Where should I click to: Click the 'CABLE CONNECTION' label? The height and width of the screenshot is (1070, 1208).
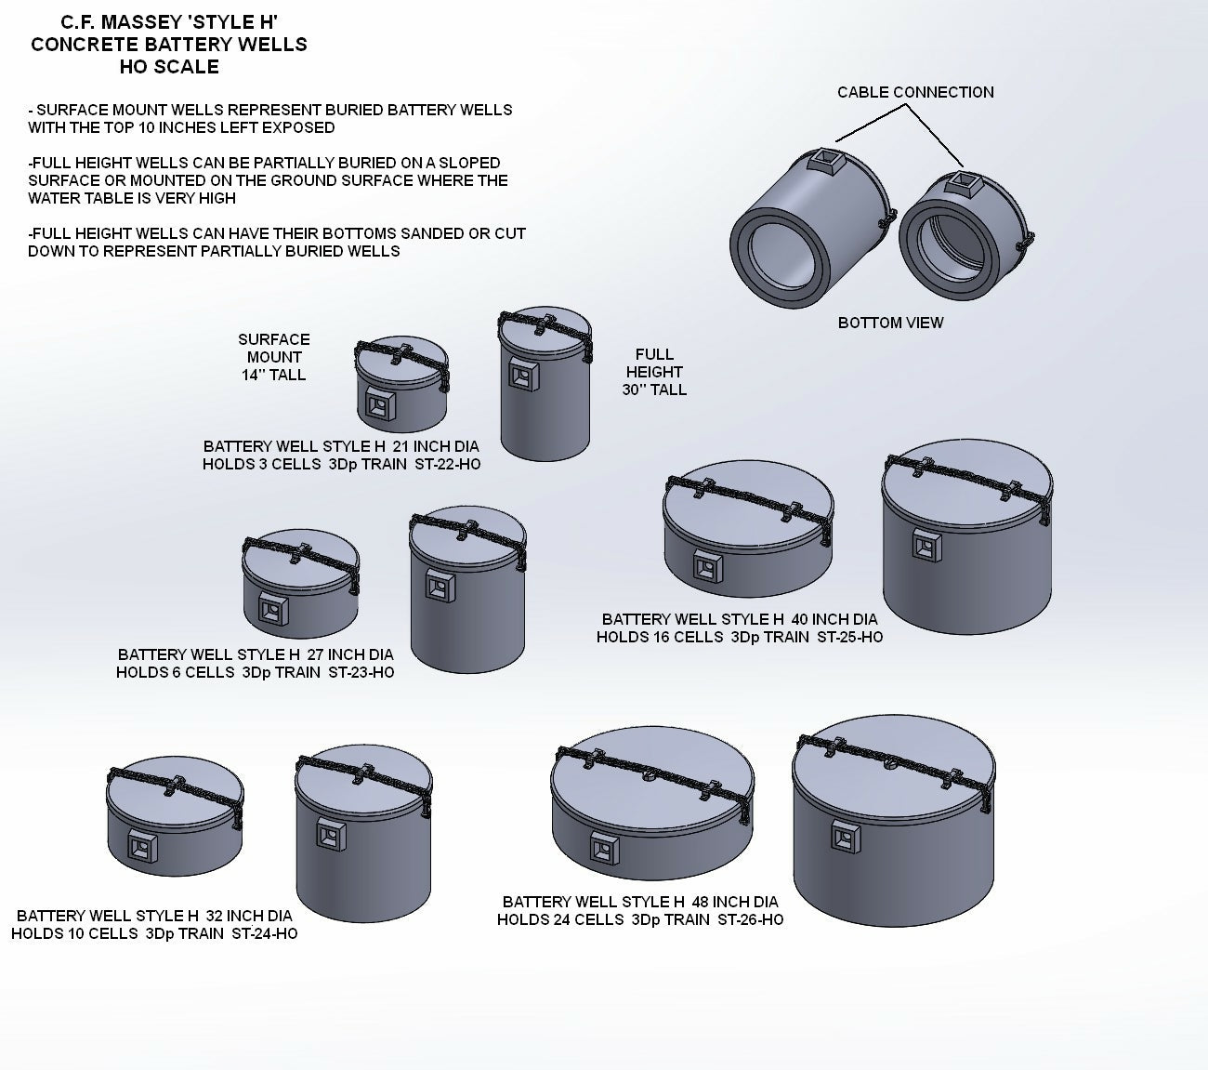[915, 92]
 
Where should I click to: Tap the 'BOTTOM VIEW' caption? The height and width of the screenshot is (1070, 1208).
[890, 323]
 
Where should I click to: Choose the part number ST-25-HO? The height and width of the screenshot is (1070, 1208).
[849, 637]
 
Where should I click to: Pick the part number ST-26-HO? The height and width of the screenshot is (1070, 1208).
[750, 919]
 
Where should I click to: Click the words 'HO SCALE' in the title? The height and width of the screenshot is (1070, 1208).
[169, 67]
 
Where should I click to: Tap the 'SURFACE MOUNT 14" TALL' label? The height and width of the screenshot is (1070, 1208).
[273, 357]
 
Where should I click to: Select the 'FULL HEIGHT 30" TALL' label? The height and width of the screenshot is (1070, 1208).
[654, 372]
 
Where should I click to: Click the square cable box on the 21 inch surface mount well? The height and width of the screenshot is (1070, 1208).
[378, 403]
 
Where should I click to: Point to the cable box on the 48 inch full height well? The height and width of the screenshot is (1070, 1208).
[846, 837]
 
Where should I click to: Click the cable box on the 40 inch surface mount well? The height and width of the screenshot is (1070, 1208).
[709, 565]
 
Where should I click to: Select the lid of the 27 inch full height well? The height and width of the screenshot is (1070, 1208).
[468, 534]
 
